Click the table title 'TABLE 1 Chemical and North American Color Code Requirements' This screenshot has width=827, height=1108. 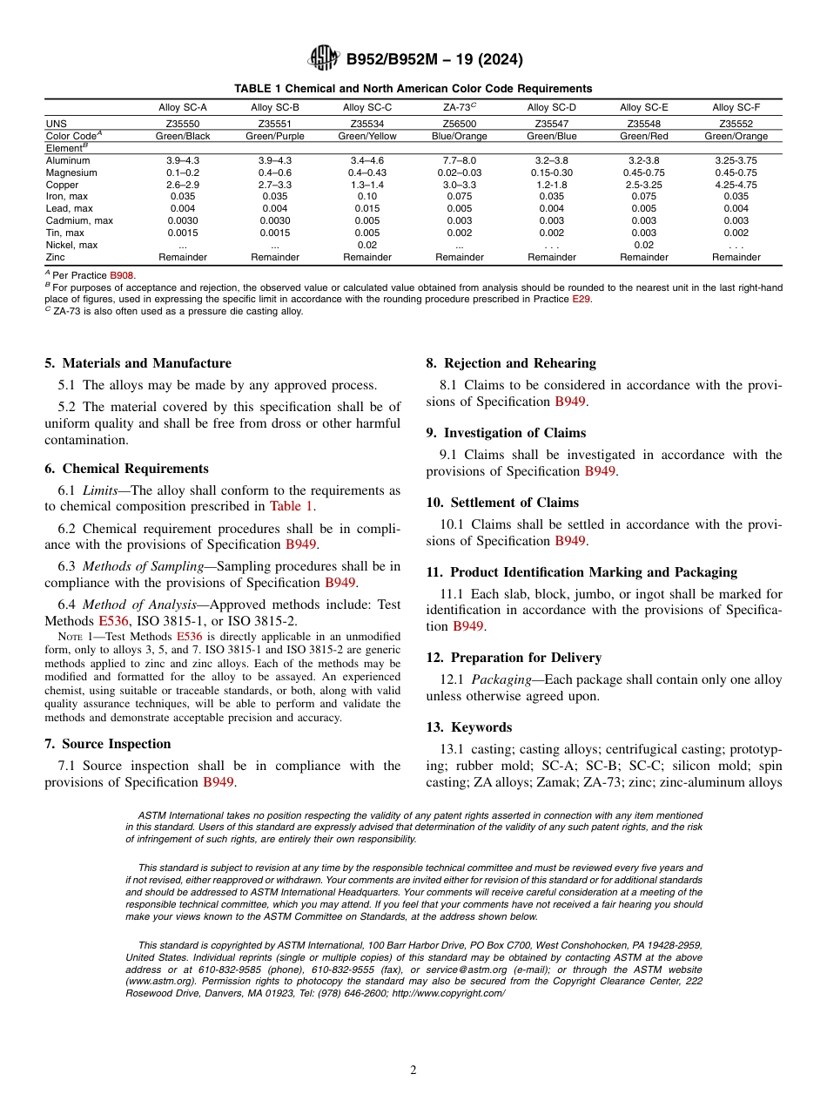pyautogui.click(x=413, y=89)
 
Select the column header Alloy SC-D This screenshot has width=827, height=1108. pyautogui.click(x=551, y=107)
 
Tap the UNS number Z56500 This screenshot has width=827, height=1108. pyautogui.click(x=459, y=125)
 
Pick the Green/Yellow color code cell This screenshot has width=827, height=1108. pyautogui.click(x=366, y=136)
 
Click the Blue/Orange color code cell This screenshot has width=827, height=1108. pyautogui.click(x=459, y=136)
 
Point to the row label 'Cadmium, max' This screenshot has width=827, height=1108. pyautogui.click(x=76, y=221)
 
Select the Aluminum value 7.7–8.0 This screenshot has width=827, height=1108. pyautogui.click(x=459, y=161)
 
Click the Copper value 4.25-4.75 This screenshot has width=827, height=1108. pyautogui.click(x=736, y=186)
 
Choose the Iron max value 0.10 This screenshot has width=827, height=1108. pyautogui.click(x=366, y=197)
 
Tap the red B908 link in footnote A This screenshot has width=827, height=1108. pyautogui.click(x=122, y=275)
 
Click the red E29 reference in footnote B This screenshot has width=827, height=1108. pyautogui.click(x=581, y=299)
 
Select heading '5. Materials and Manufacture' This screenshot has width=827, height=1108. pyautogui.click(x=138, y=363)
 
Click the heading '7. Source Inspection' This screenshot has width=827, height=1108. pyautogui.click(x=107, y=744)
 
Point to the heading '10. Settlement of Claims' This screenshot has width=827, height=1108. pyautogui.click(x=501, y=503)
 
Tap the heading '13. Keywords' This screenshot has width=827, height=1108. pyautogui.click(x=468, y=727)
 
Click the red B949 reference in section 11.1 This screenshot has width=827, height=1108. pyautogui.click(x=468, y=626)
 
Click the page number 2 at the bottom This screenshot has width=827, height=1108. pyautogui.click(x=413, y=1071)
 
